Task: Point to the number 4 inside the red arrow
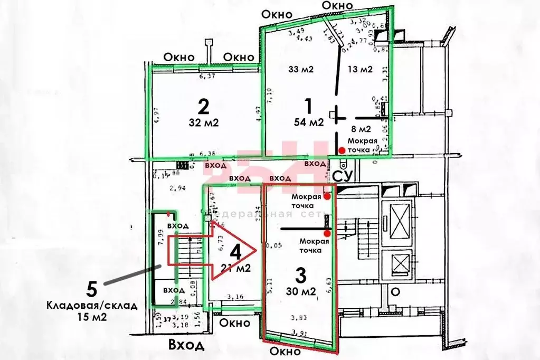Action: coord(236,251)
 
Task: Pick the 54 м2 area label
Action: coord(309,122)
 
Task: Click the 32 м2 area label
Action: coord(203,123)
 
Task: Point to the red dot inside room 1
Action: coord(342,151)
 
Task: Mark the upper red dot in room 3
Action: coord(327,196)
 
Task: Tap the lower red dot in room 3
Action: coord(327,233)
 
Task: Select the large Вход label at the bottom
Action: coord(186,345)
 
